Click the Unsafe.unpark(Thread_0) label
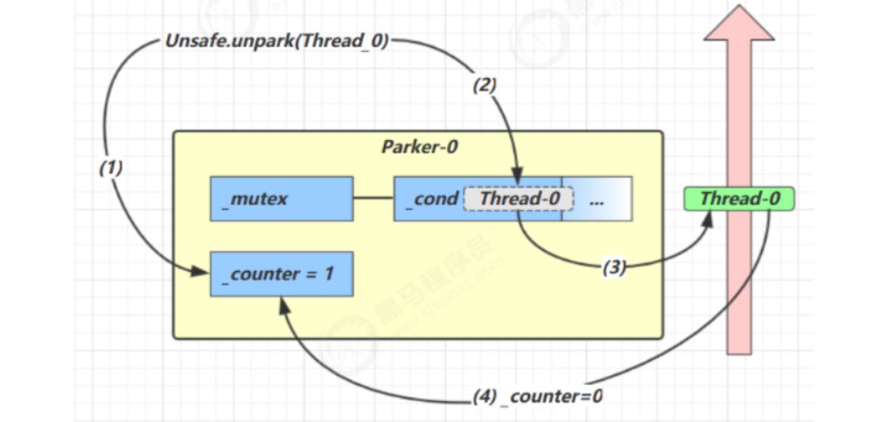(x=277, y=41)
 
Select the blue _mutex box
(x=281, y=199)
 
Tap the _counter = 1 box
(x=281, y=274)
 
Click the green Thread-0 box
(x=738, y=199)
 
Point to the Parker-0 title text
(x=420, y=148)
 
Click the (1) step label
(x=110, y=167)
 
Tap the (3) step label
(x=614, y=267)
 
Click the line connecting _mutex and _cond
(x=373, y=199)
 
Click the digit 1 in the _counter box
(x=328, y=273)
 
